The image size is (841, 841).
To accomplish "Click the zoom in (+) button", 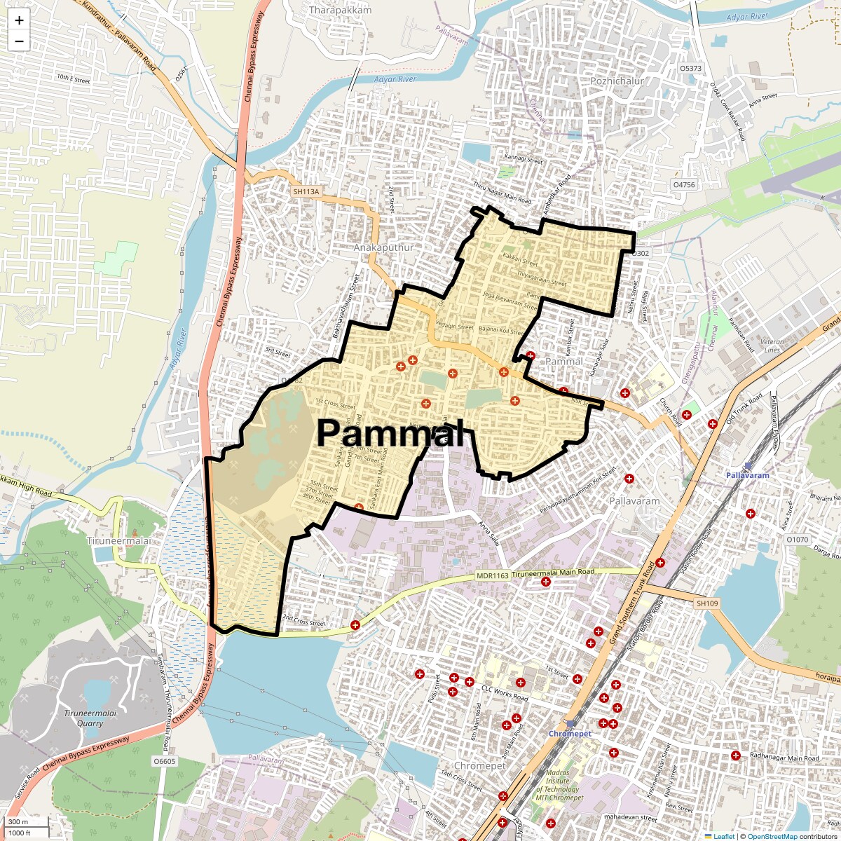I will tap(19, 20).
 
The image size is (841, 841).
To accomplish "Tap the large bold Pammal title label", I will tap(390, 432).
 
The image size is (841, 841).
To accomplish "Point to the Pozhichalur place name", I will tap(617, 81).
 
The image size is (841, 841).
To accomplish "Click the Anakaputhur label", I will tap(384, 247).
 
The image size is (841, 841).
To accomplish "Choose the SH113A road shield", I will tap(306, 191).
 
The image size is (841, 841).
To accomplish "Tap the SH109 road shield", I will tap(708, 603).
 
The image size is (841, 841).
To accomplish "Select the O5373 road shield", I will tap(690, 68).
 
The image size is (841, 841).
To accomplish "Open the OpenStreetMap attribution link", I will tap(772, 836).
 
